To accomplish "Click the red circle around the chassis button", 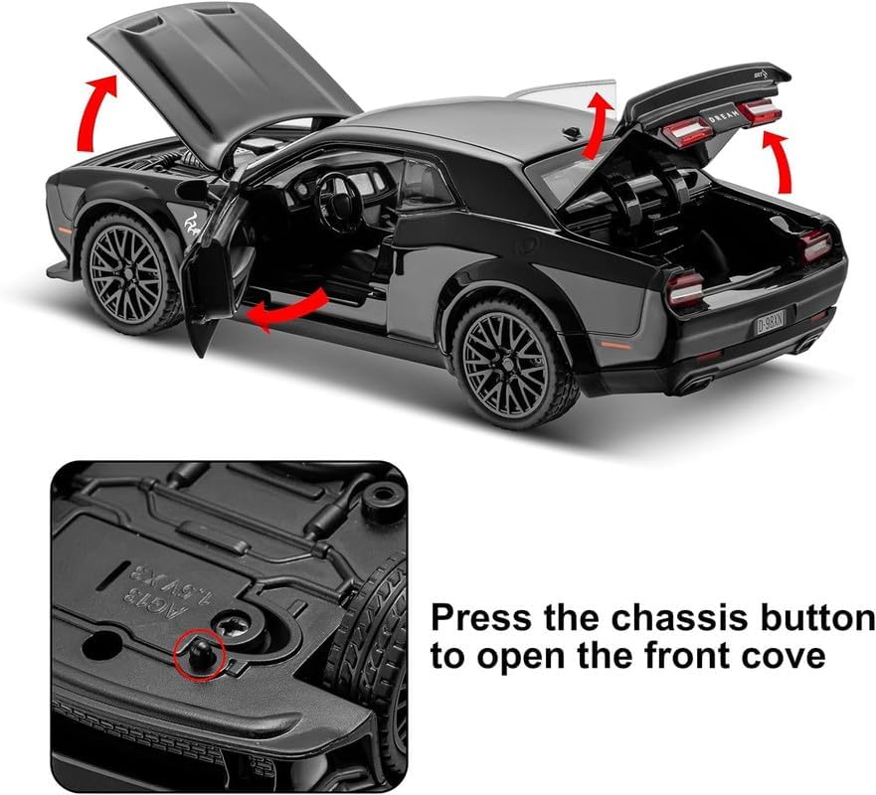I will [x=196, y=657].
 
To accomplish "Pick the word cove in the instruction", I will [x=789, y=657].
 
